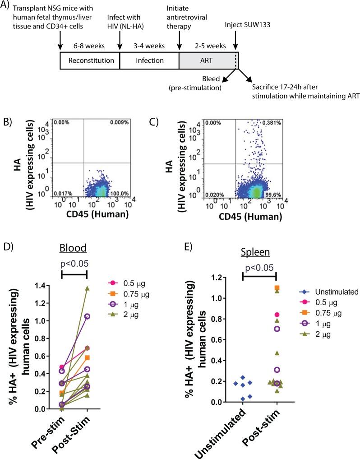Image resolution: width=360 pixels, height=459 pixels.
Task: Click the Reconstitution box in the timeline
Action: point(89,60)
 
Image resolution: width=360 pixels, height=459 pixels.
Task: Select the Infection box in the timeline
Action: point(149,60)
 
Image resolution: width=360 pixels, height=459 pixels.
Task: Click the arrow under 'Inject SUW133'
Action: point(235,41)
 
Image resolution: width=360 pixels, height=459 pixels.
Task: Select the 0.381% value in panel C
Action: point(274,122)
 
